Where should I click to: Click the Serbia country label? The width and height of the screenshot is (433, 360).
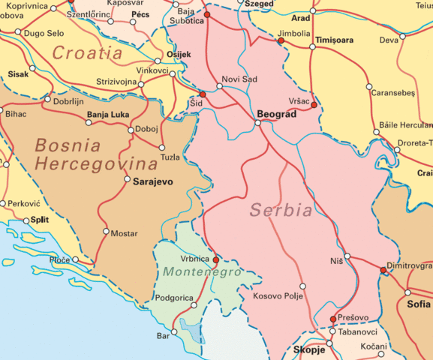[281, 210]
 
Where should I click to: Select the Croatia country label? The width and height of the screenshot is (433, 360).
[87, 53]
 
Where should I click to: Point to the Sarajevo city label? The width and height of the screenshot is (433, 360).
[153, 181]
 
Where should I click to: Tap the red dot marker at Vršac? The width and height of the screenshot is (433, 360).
[314, 105]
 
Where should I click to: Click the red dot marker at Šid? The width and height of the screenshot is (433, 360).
[202, 94]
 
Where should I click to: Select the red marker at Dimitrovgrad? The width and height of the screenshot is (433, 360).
[383, 271]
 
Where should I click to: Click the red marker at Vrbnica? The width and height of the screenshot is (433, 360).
[216, 260]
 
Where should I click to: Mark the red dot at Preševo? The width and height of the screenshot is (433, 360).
[333, 319]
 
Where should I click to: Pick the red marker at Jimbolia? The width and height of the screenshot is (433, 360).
[281, 41]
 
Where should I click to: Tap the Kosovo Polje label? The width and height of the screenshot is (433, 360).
[278, 297]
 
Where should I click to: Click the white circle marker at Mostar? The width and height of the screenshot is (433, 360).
[106, 231]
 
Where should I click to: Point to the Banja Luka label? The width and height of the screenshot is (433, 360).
[108, 115]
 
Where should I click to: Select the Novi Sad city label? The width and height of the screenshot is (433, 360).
[239, 79]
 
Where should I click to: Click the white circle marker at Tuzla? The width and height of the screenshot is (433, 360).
[162, 147]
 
